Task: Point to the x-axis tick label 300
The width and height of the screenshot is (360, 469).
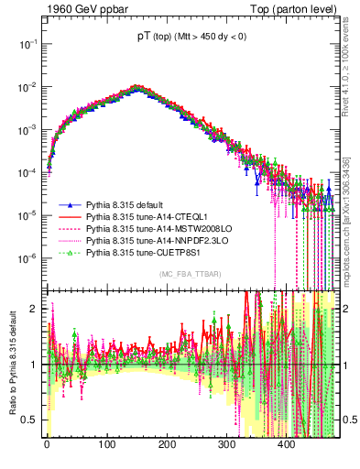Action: pos(227,443)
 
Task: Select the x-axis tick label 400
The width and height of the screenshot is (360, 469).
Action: pos(287,443)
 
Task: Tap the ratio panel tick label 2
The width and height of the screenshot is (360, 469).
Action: pos(34,309)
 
